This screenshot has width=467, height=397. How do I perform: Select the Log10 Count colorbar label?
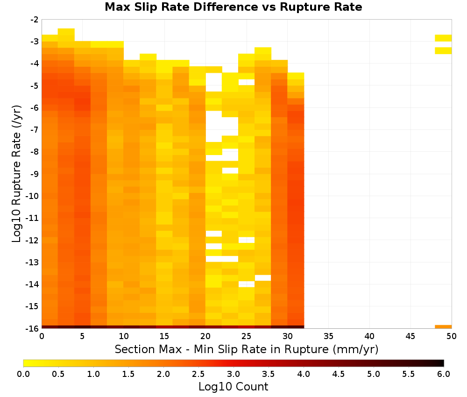click(233, 387)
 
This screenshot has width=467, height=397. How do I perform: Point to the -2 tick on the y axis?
click(35, 20)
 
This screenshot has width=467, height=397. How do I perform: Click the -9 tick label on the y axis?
click(35, 174)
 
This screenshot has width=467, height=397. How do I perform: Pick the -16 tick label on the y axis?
click(33, 328)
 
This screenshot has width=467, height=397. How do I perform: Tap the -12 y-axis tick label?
click(33, 241)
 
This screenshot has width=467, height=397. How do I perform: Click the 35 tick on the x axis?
click(328, 336)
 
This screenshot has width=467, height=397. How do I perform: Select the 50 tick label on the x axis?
click(452, 336)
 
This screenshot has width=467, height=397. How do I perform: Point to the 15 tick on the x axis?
click(164, 336)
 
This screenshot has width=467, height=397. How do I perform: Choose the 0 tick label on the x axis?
click(42, 336)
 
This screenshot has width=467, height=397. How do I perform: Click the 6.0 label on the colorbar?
click(444, 374)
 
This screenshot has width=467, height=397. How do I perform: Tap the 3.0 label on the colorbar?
click(233, 374)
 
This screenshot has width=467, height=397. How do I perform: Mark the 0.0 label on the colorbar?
click(23, 374)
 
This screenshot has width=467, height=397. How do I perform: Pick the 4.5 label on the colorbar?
click(338, 374)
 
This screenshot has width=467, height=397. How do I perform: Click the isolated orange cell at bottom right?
click(443, 327)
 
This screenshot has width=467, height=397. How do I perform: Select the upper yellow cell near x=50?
click(443, 38)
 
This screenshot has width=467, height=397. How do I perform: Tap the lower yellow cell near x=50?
click(443, 50)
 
